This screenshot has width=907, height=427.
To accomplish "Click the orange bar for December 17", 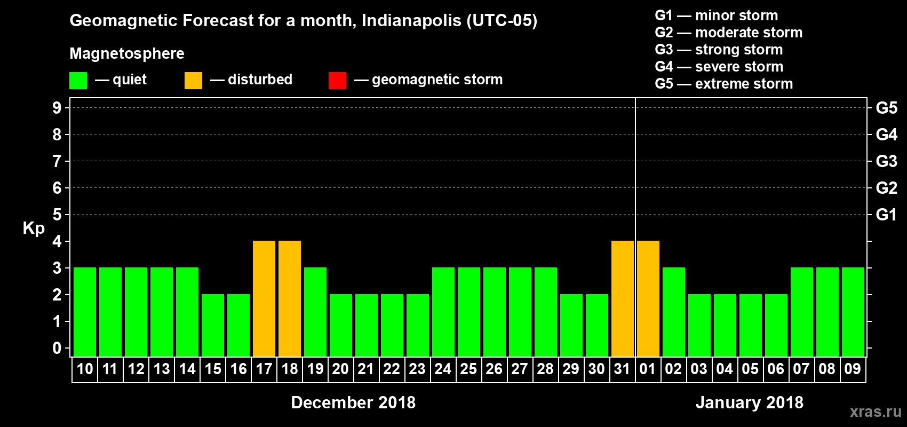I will [x=264, y=298].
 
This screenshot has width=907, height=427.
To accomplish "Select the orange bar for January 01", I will [x=648, y=298].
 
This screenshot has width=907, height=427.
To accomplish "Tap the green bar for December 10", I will [x=85, y=312].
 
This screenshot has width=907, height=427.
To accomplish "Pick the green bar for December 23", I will [x=418, y=325].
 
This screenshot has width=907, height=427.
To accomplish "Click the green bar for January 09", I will [x=853, y=312].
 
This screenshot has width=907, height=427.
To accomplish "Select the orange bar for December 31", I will [x=623, y=298].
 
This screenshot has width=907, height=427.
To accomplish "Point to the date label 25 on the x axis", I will [x=468, y=369].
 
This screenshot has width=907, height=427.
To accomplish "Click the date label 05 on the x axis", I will [x=750, y=369].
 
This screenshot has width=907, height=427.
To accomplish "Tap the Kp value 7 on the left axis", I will [x=57, y=161].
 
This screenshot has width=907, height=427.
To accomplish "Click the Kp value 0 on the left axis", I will [x=57, y=348].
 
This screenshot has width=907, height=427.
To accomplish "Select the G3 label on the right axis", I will [x=886, y=161].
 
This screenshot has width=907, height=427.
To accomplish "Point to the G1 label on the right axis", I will [x=886, y=215].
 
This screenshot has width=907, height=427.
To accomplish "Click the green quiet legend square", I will [x=78, y=81].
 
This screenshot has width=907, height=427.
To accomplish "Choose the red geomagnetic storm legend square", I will [x=337, y=81].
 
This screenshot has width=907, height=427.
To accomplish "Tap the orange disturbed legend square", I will [x=193, y=81].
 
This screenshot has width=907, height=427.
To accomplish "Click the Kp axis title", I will [x=34, y=228].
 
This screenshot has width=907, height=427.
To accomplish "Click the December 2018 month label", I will [x=353, y=402].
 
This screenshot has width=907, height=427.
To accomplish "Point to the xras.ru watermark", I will [x=876, y=412].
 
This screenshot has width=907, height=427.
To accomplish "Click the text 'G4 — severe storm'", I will [x=719, y=67].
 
